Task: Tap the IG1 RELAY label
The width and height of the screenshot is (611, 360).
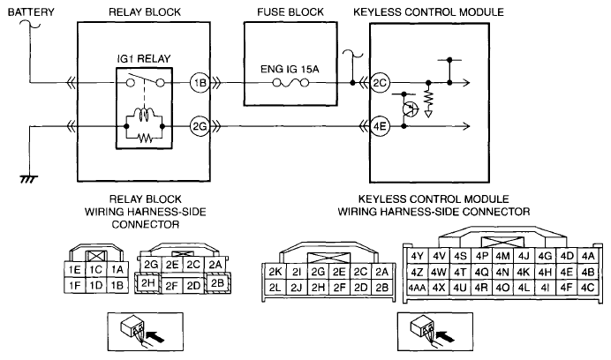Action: (x=144, y=58)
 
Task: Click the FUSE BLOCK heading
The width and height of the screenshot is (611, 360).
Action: (x=287, y=11)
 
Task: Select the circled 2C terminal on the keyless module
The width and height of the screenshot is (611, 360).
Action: (x=380, y=84)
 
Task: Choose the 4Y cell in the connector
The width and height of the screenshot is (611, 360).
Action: (x=419, y=256)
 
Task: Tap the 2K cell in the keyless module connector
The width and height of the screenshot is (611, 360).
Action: (x=275, y=272)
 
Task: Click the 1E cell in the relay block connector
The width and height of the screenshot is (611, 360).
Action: (x=77, y=269)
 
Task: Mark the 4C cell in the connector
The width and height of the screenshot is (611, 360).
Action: (x=588, y=288)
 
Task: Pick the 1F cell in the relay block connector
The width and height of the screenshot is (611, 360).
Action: (x=77, y=285)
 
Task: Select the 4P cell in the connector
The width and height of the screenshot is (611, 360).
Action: (x=481, y=256)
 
